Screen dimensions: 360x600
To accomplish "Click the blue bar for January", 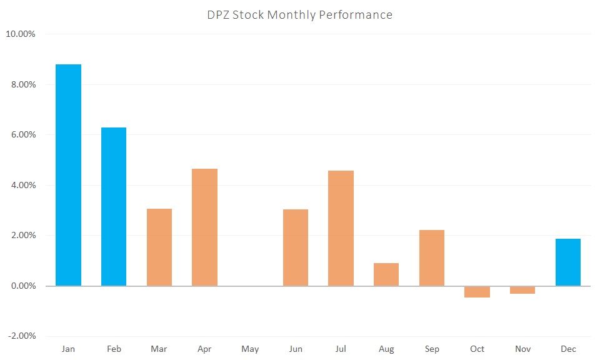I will (x=68, y=175).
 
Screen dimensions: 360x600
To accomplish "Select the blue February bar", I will (x=114, y=206).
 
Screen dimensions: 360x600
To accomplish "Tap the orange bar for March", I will (x=159, y=247).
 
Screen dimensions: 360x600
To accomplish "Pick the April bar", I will (x=204, y=227).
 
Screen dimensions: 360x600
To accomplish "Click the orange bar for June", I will (x=296, y=247).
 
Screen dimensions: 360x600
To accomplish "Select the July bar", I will (x=341, y=228).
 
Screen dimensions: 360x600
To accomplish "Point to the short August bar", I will (x=386, y=274).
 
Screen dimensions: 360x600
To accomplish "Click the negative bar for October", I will (x=477, y=292).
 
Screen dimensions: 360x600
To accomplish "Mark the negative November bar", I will (x=522, y=290).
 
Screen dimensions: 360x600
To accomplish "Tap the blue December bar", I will (x=568, y=262).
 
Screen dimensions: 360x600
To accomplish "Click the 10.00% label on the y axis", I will (x=21, y=34).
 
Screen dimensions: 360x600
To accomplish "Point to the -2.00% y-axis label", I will (x=21, y=336).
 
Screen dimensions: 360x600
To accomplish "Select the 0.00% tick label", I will (x=22, y=286).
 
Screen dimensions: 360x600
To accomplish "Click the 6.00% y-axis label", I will (x=22, y=135).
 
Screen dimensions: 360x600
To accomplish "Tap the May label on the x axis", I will (x=250, y=349).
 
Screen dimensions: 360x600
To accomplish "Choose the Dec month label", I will (x=568, y=349).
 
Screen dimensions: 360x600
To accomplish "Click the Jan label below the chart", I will (x=68, y=349).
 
